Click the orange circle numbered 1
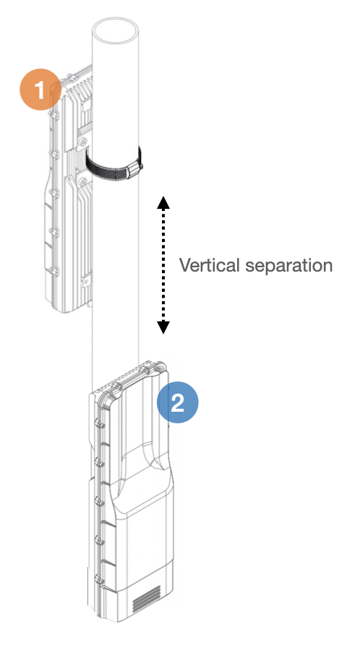click(x=40, y=89)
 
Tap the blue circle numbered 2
click(x=178, y=402)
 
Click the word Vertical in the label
click(x=210, y=265)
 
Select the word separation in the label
click(x=288, y=266)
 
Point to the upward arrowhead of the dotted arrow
click(x=163, y=202)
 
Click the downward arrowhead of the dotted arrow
click(x=163, y=327)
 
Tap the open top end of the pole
click(x=115, y=30)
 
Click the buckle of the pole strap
click(x=134, y=169)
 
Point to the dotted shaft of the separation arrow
click(x=163, y=265)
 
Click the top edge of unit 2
click(x=130, y=376)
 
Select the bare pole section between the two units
click(x=115, y=333)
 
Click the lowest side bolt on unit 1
click(x=54, y=271)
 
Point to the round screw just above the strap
click(x=83, y=141)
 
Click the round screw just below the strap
click(x=83, y=181)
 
